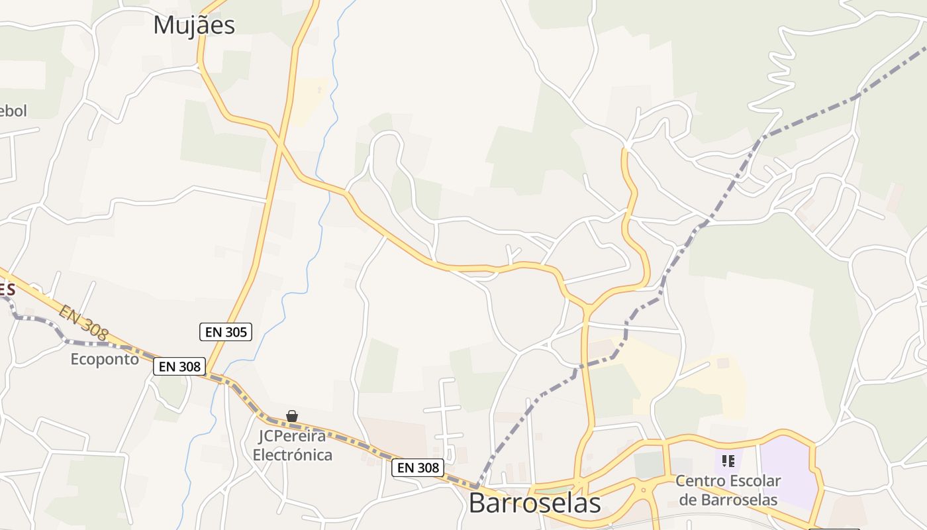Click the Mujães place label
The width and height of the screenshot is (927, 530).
[194, 25]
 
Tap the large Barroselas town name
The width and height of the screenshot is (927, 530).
[534, 503]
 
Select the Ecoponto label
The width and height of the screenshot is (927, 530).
[105, 359]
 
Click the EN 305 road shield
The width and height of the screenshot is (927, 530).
[226, 332]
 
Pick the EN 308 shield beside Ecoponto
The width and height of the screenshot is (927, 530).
[180, 366]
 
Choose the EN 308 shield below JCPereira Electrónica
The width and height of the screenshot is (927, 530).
[418, 468]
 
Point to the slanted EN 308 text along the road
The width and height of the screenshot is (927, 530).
[83, 323]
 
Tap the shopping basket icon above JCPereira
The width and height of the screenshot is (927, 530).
[292, 416]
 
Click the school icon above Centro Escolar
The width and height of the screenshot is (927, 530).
[728, 460]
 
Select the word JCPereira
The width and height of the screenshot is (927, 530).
[292, 437]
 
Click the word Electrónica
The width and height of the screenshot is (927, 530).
[292, 455]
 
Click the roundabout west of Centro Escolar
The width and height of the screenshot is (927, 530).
[641, 492]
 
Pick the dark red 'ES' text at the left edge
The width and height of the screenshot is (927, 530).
[7, 290]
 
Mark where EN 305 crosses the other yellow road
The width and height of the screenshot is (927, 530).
[280, 143]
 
